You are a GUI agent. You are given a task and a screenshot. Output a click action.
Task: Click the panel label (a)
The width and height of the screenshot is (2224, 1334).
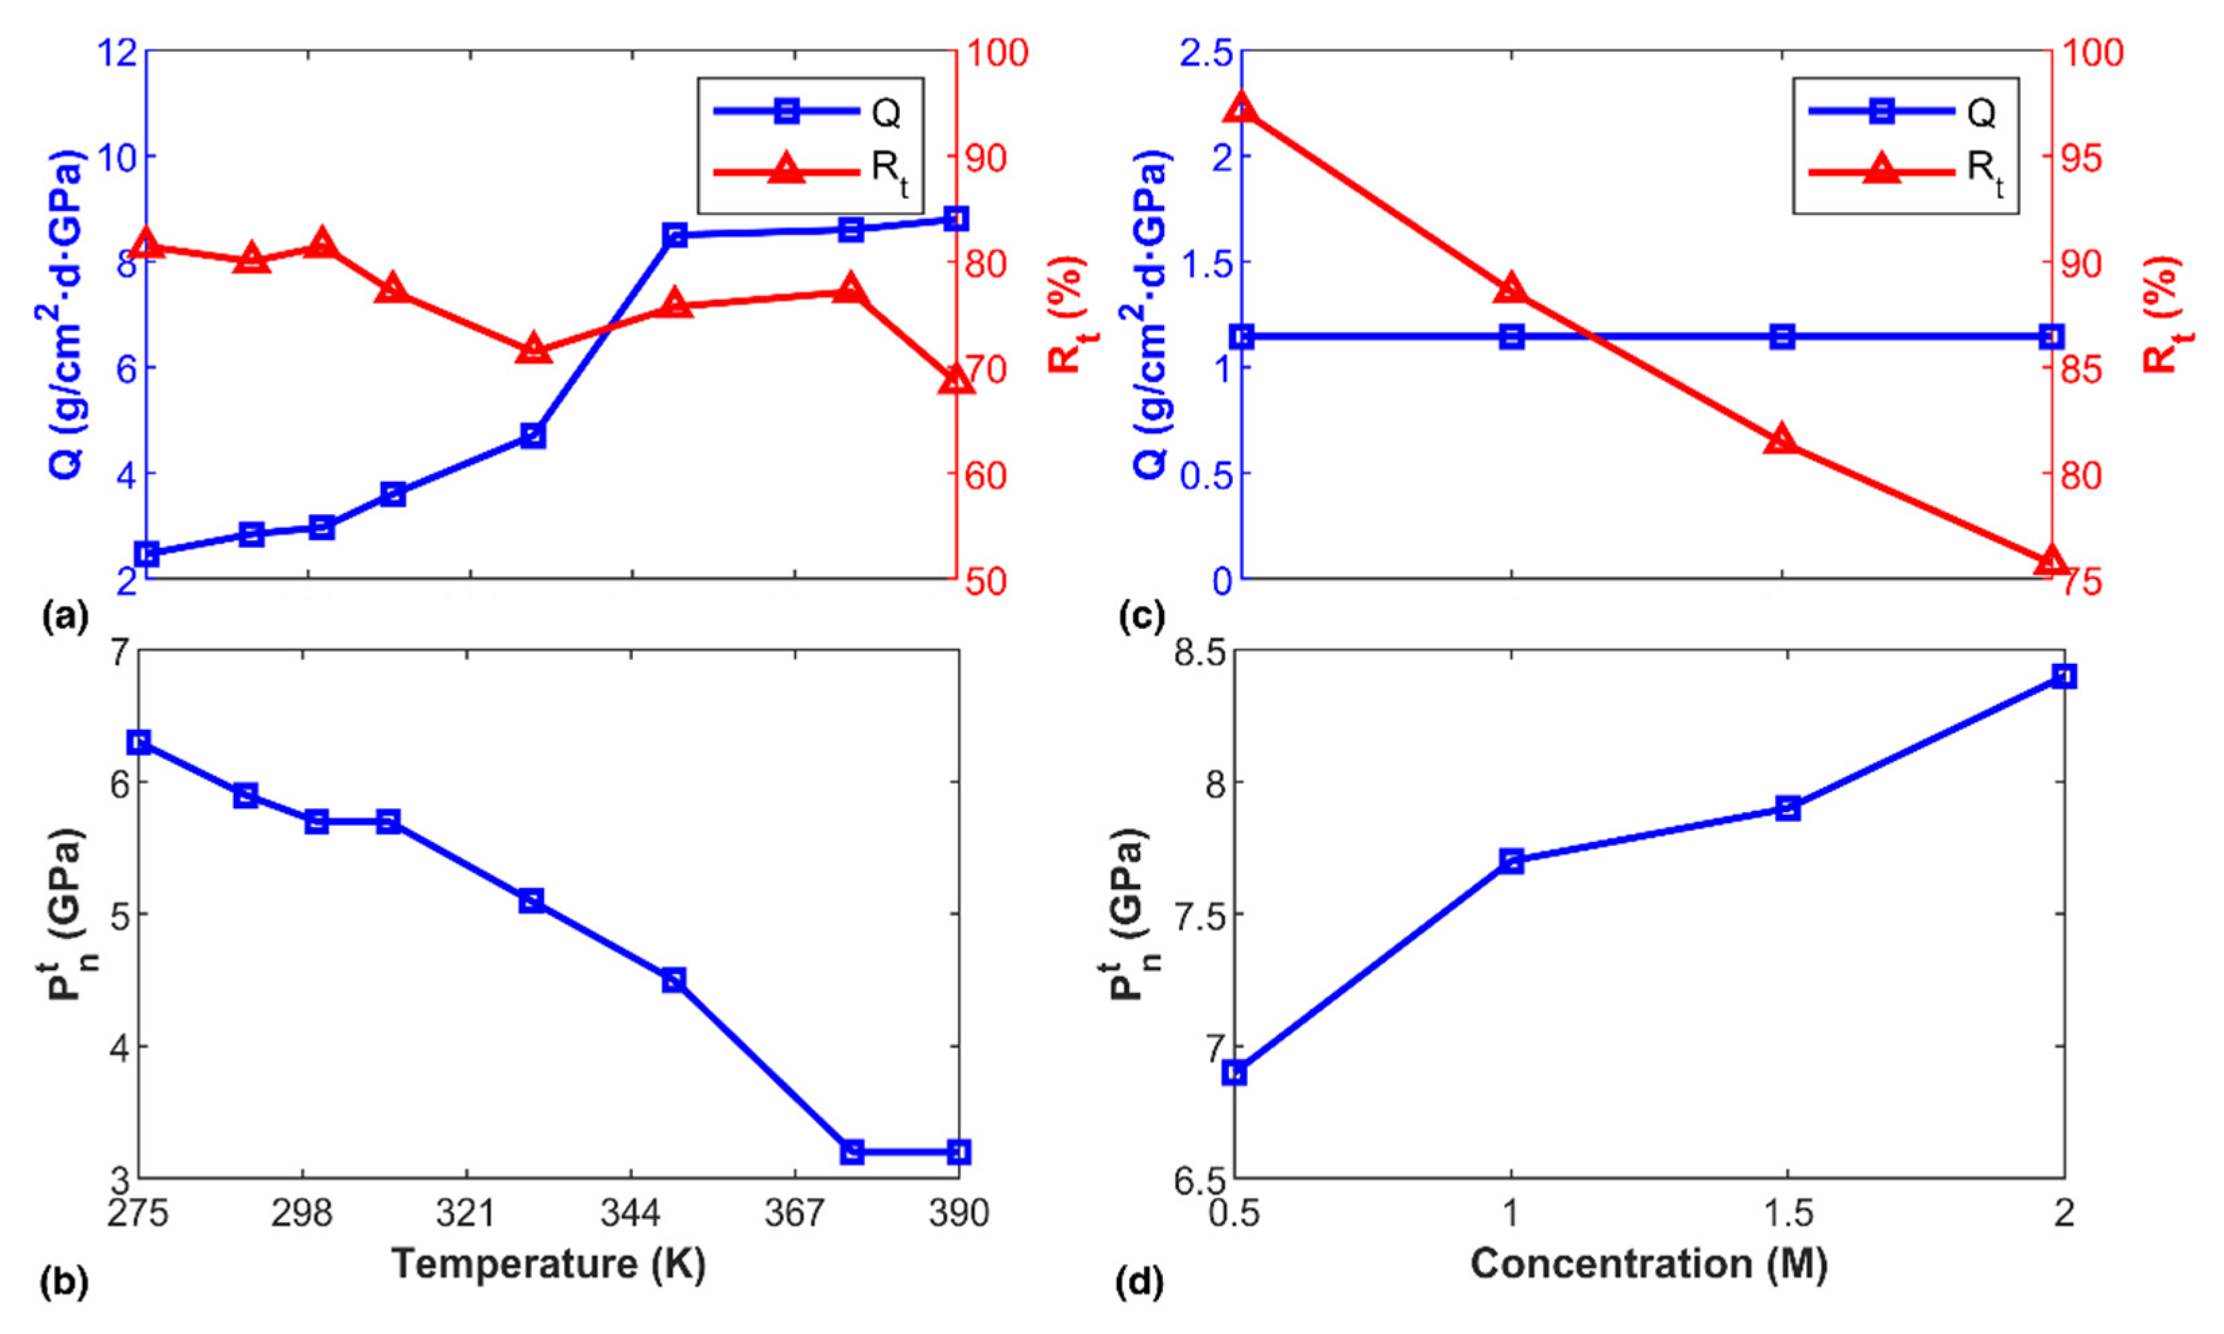pyautogui.click(x=65, y=617)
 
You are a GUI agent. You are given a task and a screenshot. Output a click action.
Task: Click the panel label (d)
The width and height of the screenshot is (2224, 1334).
pyautogui.click(x=1140, y=1283)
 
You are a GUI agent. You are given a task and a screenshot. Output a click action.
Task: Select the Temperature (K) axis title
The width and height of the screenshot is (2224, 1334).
pyautogui.click(x=548, y=1263)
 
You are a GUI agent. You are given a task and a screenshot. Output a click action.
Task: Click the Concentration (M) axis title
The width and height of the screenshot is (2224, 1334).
pyautogui.click(x=1649, y=1263)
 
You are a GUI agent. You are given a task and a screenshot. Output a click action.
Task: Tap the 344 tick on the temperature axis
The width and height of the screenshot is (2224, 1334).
pyautogui.click(x=630, y=1213)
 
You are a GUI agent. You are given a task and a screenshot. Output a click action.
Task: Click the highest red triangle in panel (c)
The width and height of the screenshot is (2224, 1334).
pyautogui.click(x=1242, y=107)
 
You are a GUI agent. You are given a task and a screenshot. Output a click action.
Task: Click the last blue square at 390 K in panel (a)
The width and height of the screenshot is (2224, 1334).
pyautogui.click(x=955, y=218)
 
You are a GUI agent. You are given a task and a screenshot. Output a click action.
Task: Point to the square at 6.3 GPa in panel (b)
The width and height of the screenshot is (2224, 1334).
pyautogui.click(x=140, y=741)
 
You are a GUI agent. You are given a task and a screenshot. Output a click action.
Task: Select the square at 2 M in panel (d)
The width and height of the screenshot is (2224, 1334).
pyautogui.click(x=2064, y=676)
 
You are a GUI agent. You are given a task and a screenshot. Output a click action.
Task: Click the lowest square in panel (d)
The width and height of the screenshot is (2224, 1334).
pyautogui.click(x=1235, y=1072)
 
